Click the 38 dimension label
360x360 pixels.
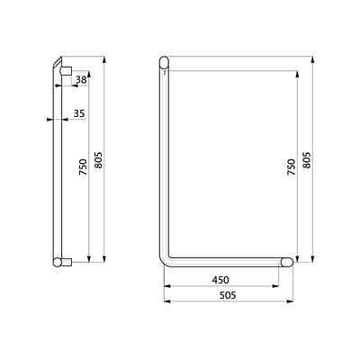coord(82,80)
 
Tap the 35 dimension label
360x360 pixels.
coord(79,113)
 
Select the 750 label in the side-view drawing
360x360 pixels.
coord(82,168)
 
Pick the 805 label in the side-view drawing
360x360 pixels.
coord(98,160)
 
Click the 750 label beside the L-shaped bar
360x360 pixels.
coord(291,167)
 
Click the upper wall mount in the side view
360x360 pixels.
coord(67,68)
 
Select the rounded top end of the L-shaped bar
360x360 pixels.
coord(164,62)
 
